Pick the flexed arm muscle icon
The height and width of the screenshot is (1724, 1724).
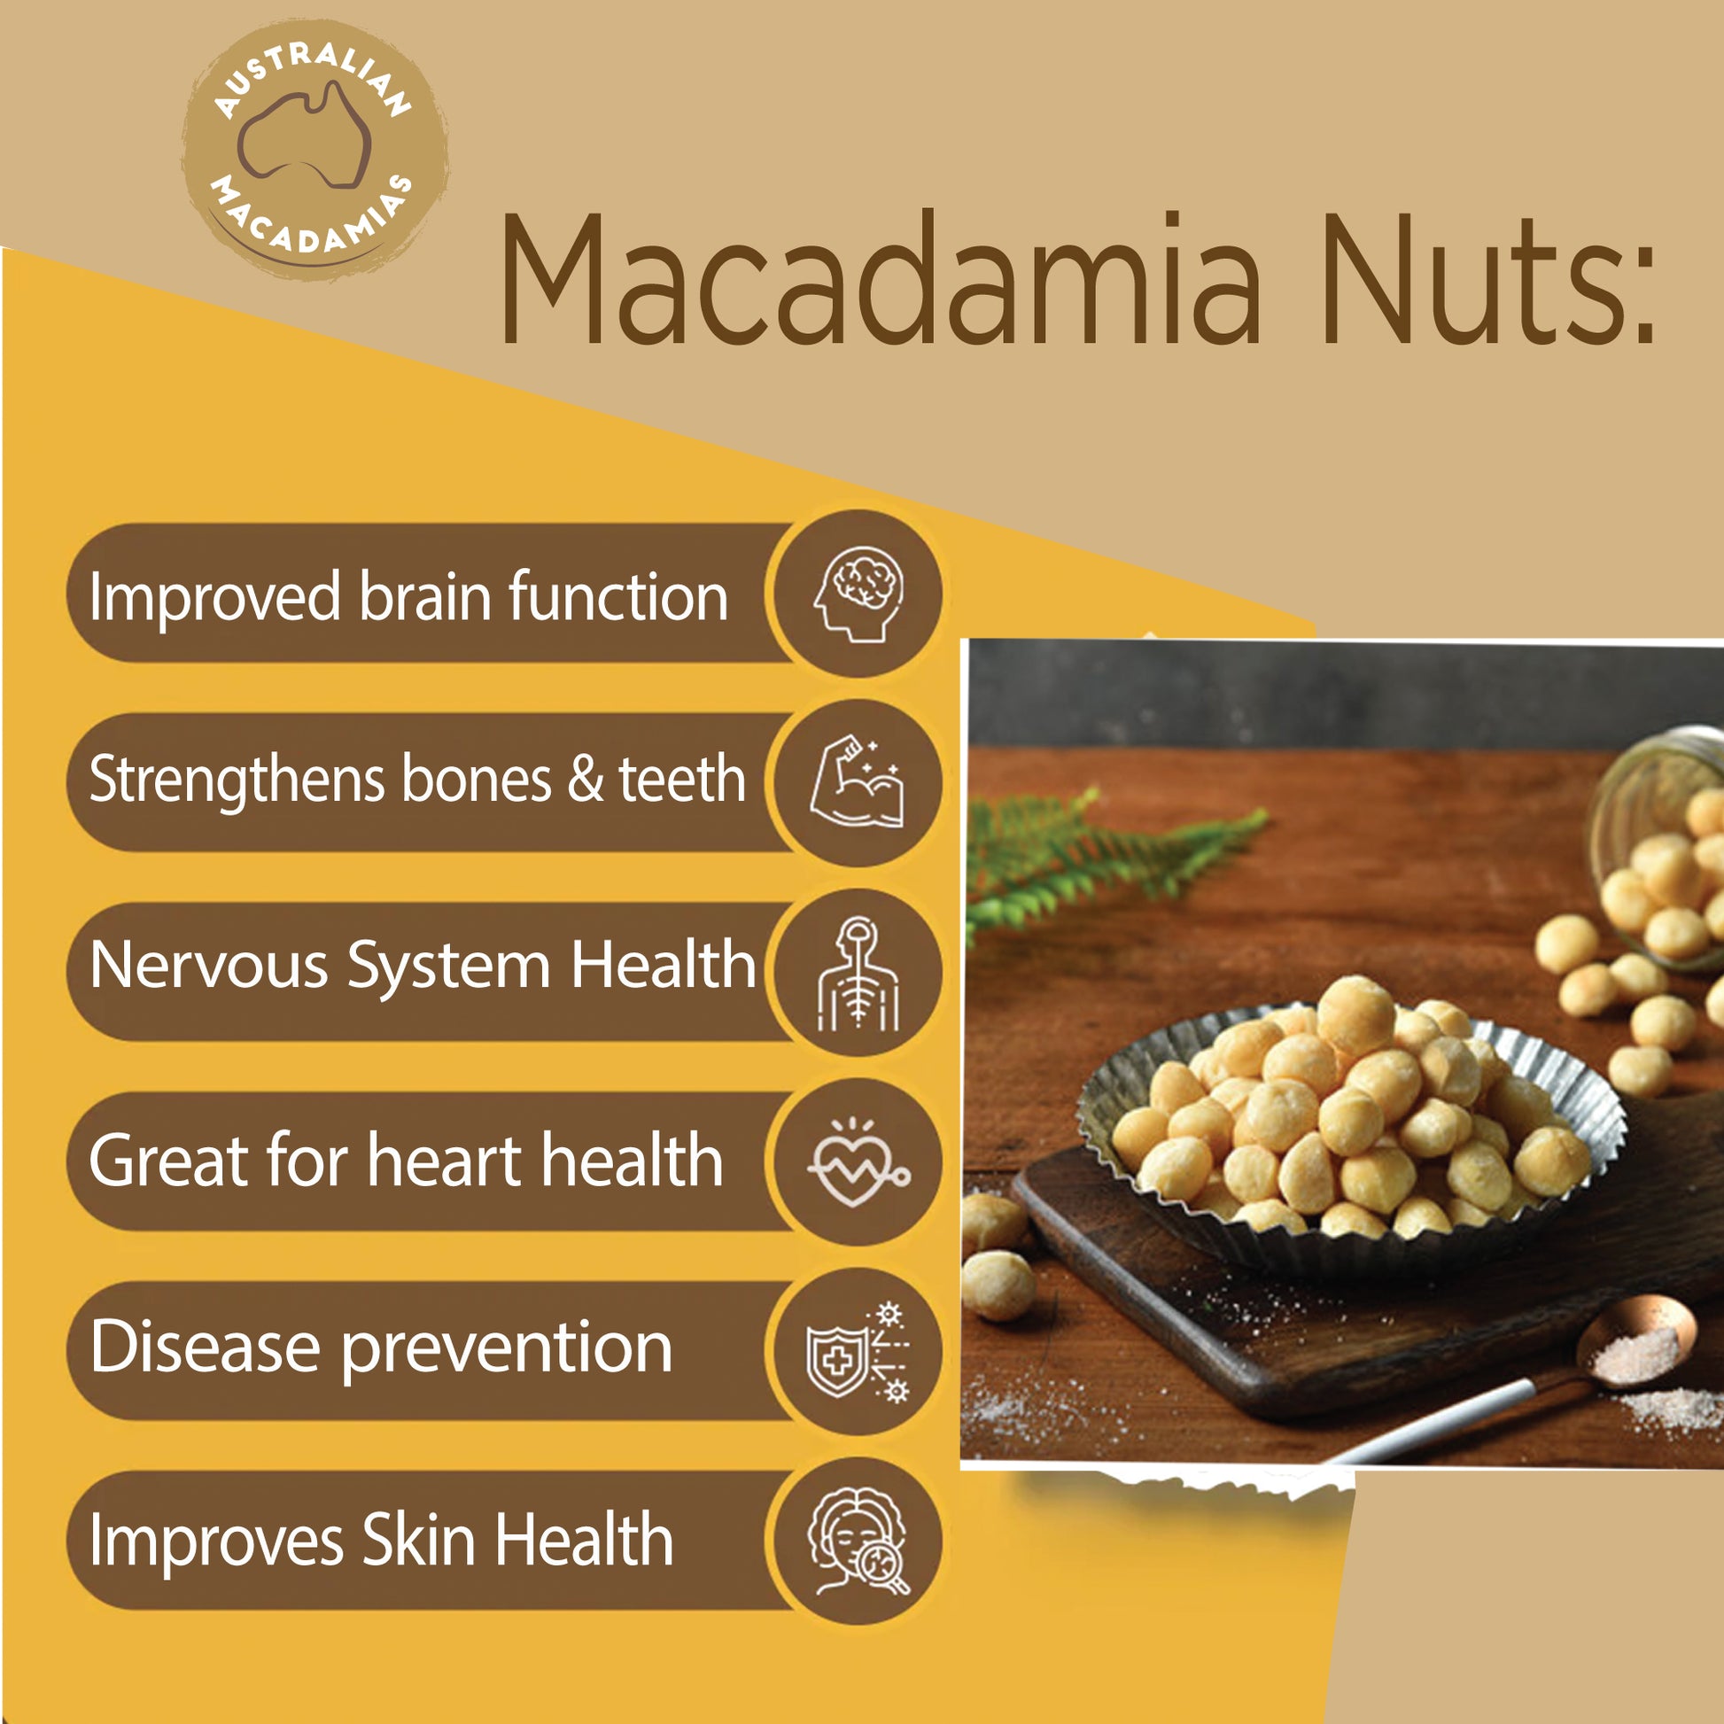pos(857,781)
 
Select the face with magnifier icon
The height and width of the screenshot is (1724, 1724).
pos(858,1541)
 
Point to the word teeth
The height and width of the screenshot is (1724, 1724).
pos(683,779)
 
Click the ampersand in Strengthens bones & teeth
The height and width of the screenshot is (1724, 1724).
pos(586,780)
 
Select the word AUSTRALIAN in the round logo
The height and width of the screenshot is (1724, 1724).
pos(312,76)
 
